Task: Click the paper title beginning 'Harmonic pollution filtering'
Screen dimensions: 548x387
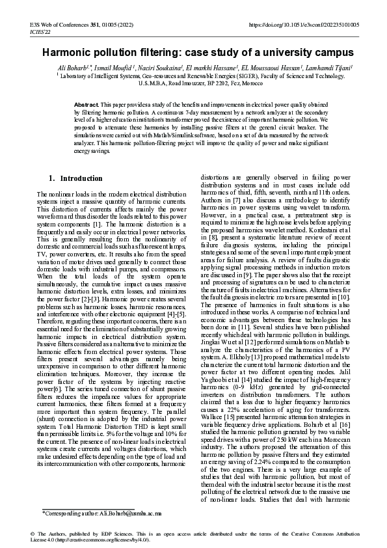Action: click(x=193, y=53)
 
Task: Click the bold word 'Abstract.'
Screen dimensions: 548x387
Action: click(x=86, y=105)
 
